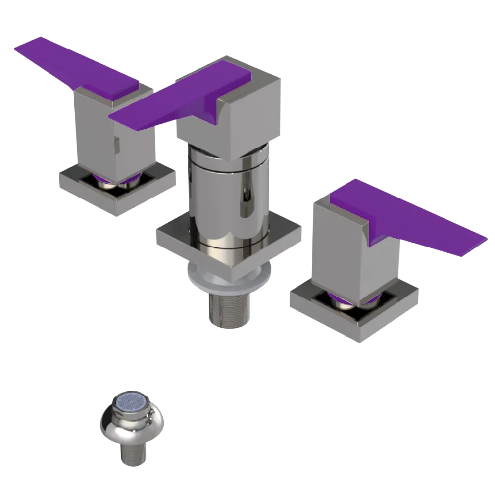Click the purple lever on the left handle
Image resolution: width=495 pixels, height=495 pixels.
[x=74, y=67]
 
